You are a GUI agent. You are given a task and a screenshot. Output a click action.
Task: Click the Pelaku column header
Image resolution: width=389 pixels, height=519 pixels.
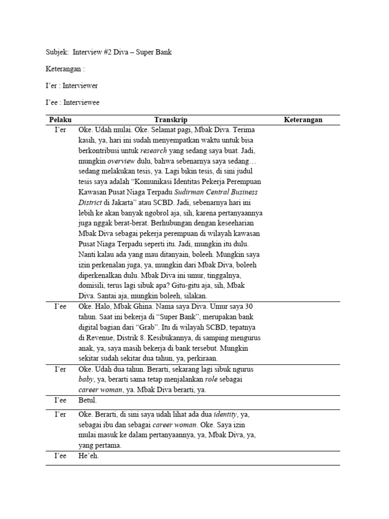(x=60, y=120)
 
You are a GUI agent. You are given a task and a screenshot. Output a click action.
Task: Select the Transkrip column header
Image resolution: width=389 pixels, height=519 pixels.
(x=171, y=120)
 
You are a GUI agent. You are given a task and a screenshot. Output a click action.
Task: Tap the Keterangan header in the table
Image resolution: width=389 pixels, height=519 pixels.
(x=303, y=120)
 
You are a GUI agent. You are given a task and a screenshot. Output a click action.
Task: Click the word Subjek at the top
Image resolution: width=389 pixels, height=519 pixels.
(x=56, y=52)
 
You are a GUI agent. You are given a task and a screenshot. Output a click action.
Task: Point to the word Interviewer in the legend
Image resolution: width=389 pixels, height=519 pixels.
(x=80, y=86)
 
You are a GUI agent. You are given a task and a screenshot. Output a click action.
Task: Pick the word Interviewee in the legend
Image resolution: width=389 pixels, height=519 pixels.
(x=81, y=102)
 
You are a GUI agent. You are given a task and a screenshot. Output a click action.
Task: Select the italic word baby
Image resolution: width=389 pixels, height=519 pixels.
(x=86, y=379)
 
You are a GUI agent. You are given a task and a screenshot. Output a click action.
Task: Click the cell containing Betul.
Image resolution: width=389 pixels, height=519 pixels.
(x=87, y=400)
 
